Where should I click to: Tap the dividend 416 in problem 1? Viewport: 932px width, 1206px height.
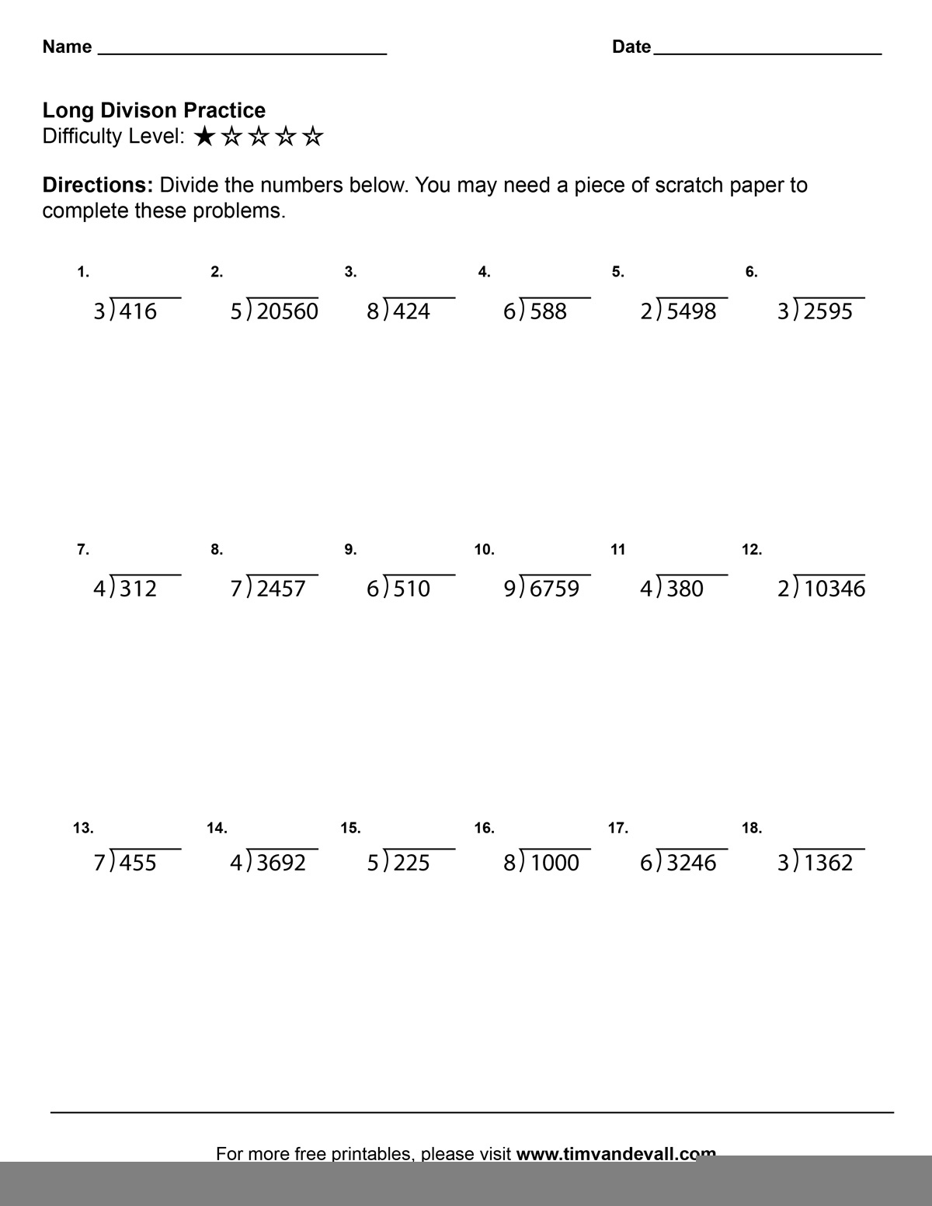[138, 311]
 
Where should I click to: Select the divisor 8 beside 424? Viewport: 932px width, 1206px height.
[374, 311]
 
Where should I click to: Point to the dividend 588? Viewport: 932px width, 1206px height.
[548, 311]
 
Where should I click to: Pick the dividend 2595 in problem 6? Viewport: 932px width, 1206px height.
[828, 311]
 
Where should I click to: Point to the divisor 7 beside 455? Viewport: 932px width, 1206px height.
[100, 863]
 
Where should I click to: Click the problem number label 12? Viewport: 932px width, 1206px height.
[751, 550]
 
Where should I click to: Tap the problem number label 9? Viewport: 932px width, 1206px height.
[350, 550]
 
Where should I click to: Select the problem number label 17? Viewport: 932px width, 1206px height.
[617, 828]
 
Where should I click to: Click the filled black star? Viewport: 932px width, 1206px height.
[205, 137]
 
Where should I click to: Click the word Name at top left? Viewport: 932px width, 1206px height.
[67, 47]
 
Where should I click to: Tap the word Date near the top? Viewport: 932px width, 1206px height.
[631, 47]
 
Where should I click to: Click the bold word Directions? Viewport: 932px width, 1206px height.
[98, 186]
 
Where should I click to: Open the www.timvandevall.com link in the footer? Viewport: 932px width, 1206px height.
[616, 1153]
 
